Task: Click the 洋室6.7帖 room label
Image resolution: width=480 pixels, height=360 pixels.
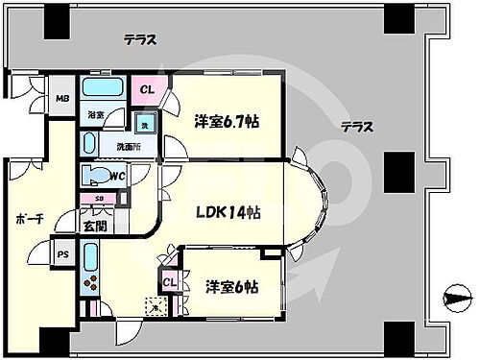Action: coord(228,121)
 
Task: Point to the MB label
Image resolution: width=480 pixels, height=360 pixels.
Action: coord(60,98)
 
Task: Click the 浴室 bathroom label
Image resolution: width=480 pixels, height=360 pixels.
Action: coord(96,114)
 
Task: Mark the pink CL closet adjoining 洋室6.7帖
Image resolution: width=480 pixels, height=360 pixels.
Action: coord(148,90)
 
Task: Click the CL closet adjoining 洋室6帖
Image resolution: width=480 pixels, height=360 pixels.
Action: coord(168,282)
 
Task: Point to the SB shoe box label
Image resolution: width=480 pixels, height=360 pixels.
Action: coord(100,199)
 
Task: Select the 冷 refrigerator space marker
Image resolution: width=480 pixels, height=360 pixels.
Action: coord(154,308)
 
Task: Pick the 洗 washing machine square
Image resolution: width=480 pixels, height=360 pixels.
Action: coord(144,126)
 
